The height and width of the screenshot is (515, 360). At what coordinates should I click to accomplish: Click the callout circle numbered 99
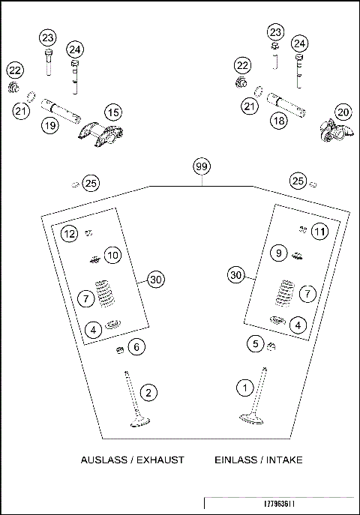tap(200, 166)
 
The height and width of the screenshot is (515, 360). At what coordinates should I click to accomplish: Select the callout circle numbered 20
tap(343, 112)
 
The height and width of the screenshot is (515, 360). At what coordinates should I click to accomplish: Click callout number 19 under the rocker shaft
tap(49, 126)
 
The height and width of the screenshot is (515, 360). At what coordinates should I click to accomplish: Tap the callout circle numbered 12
tap(69, 234)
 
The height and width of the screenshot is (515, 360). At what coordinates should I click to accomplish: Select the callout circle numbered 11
tap(320, 232)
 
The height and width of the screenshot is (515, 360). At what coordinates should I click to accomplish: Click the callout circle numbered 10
tap(112, 256)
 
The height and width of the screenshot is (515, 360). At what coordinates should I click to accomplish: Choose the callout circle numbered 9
tap(277, 254)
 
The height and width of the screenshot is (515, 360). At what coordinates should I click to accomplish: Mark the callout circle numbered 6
tap(135, 347)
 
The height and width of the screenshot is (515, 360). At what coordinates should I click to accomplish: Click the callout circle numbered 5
tap(256, 344)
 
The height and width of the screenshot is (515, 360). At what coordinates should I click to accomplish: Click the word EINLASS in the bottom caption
tap(235, 460)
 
